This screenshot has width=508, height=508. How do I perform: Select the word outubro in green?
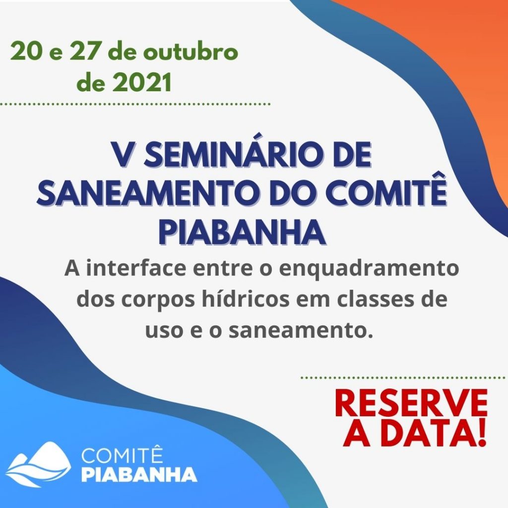[x=191, y=52]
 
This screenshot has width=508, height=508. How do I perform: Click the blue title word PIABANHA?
[x=242, y=232]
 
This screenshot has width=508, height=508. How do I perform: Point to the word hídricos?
[x=246, y=299]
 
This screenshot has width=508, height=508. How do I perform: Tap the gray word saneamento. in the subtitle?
[x=301, y=331]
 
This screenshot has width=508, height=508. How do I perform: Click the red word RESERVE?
[x=411, y=403]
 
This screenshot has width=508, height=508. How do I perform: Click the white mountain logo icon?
[x=38, y=464]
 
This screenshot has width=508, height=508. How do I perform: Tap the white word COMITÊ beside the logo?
[x=122, y=455]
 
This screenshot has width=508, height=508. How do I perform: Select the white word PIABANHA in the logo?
[x=139, y=474]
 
